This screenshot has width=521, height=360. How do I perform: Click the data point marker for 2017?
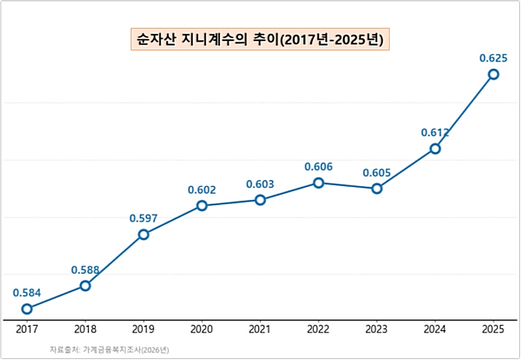[26, 309]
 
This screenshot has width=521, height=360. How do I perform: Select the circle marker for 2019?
[143, 235]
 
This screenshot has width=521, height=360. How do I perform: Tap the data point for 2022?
[318, 183]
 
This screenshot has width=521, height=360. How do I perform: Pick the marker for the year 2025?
[493, 74]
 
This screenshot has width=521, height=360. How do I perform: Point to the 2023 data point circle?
[377, 189]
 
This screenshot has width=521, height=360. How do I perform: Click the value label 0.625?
[493, 58]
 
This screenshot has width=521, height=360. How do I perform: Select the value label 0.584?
[26, 292]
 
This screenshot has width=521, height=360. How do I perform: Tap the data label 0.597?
[143, 219]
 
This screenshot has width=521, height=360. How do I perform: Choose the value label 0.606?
[318, 167]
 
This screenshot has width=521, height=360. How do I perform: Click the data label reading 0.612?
[435, 133]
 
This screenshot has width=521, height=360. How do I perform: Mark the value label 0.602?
[202, 190]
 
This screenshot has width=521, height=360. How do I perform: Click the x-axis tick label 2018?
[85, 330]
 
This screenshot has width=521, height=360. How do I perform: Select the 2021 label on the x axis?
[260, 330]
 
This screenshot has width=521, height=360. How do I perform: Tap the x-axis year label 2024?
[435, 330]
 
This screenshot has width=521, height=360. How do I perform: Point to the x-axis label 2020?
[202, 330]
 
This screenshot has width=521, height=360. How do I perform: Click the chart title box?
[260, 39]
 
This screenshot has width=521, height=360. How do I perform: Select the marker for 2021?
[260, 200]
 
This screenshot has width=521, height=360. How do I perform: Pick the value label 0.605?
[377, 173]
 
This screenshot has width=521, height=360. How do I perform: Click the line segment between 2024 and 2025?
[464, 111]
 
